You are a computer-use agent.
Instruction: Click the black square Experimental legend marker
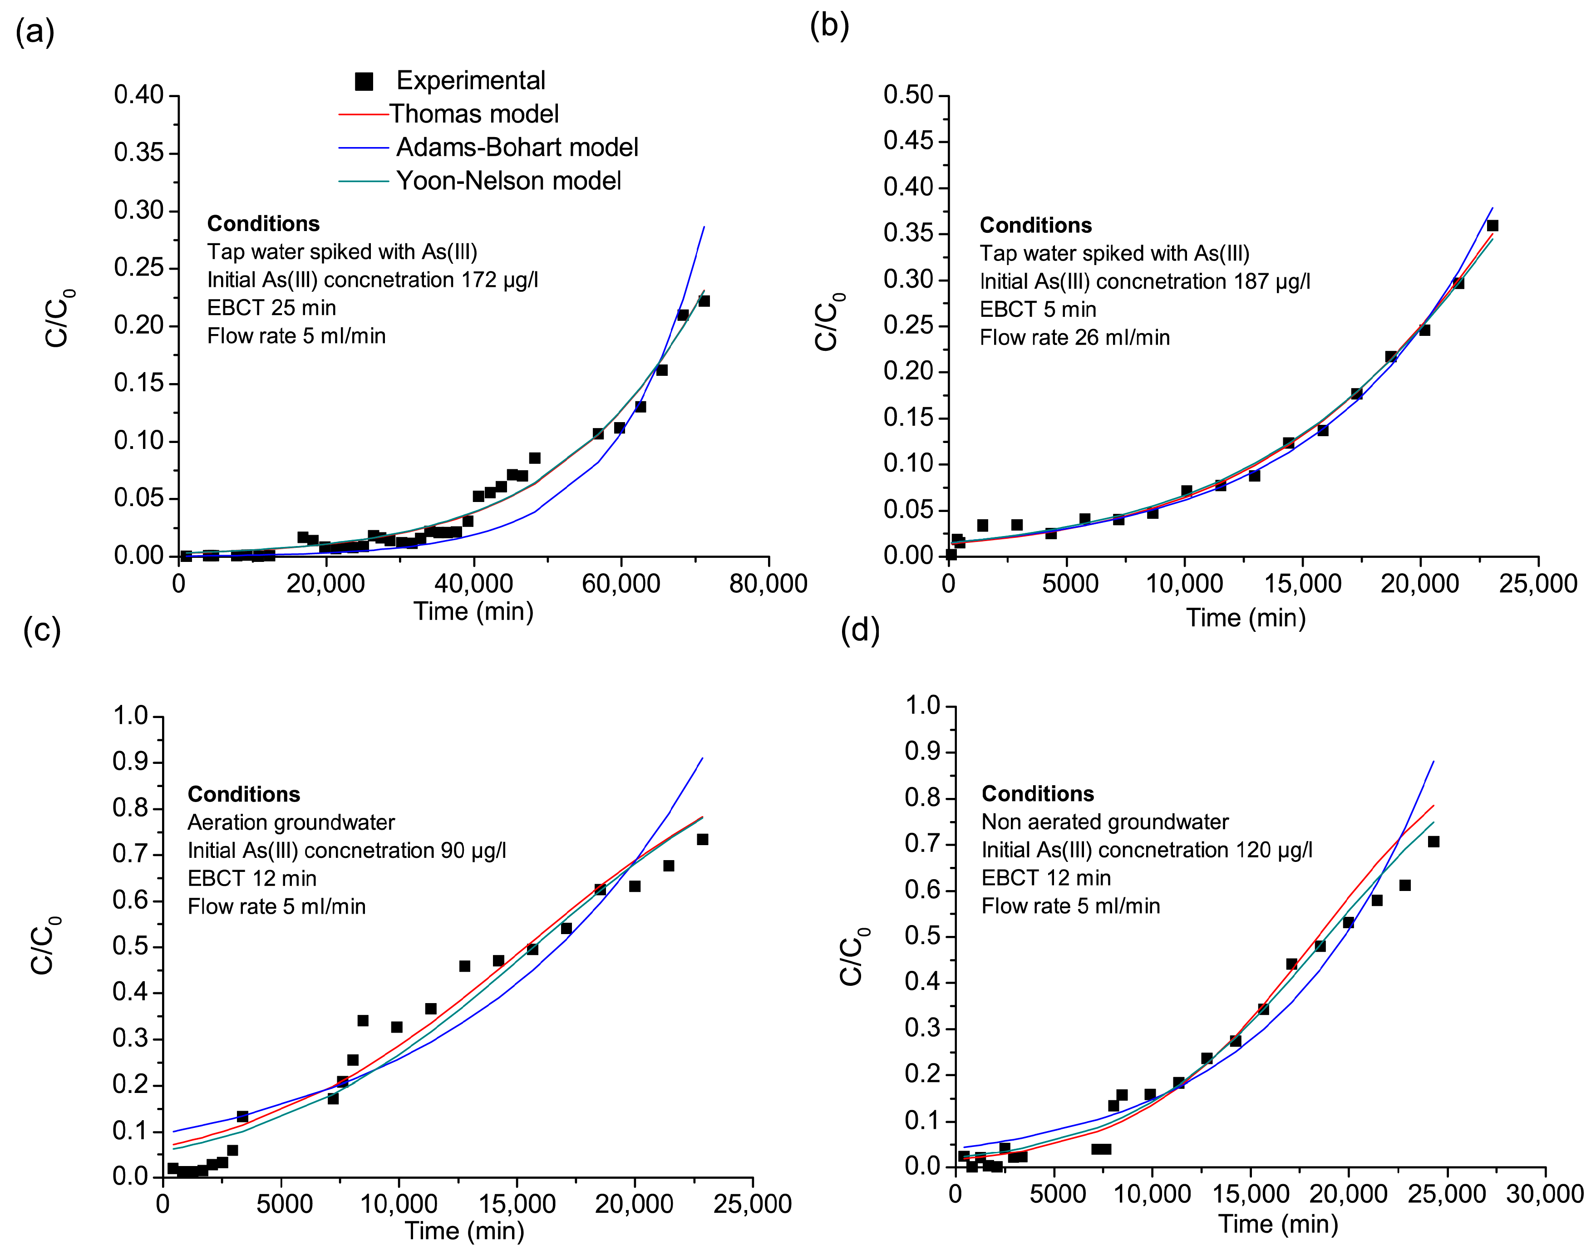coord(364,81)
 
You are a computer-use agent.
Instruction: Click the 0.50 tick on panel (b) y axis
coord(908,95)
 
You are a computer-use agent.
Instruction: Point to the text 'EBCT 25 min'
coord(271,308)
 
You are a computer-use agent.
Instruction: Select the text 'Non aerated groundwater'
coord(1104,822)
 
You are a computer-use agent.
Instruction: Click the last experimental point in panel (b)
coord(1492,226)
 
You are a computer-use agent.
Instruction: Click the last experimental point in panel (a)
coord(704,301)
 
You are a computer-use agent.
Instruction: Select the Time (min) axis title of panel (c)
coord(465,1231)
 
